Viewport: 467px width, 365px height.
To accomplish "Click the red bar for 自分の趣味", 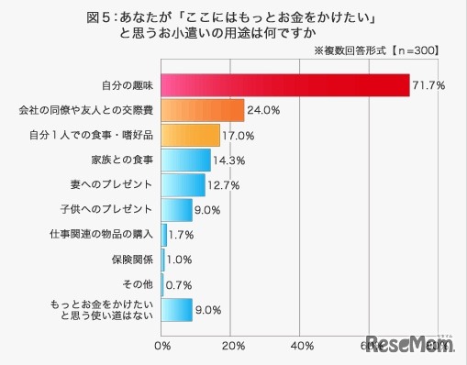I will tap(284, 85).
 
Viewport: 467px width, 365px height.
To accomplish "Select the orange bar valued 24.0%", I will tap(203, 110).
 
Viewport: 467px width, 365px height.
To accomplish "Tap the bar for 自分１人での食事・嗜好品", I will tap(191, 135).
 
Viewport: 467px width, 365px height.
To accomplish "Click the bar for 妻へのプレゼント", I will tap(183, 184).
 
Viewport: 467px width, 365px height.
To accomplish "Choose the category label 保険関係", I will tap(131, 260).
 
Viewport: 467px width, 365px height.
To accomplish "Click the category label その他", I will tap(138, 284).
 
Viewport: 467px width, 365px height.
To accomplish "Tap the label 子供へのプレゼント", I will tap(108, 210).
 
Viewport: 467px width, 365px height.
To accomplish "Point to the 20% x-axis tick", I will tap(232, 346).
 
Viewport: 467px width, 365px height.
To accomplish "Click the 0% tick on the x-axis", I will tap(163, 346).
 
